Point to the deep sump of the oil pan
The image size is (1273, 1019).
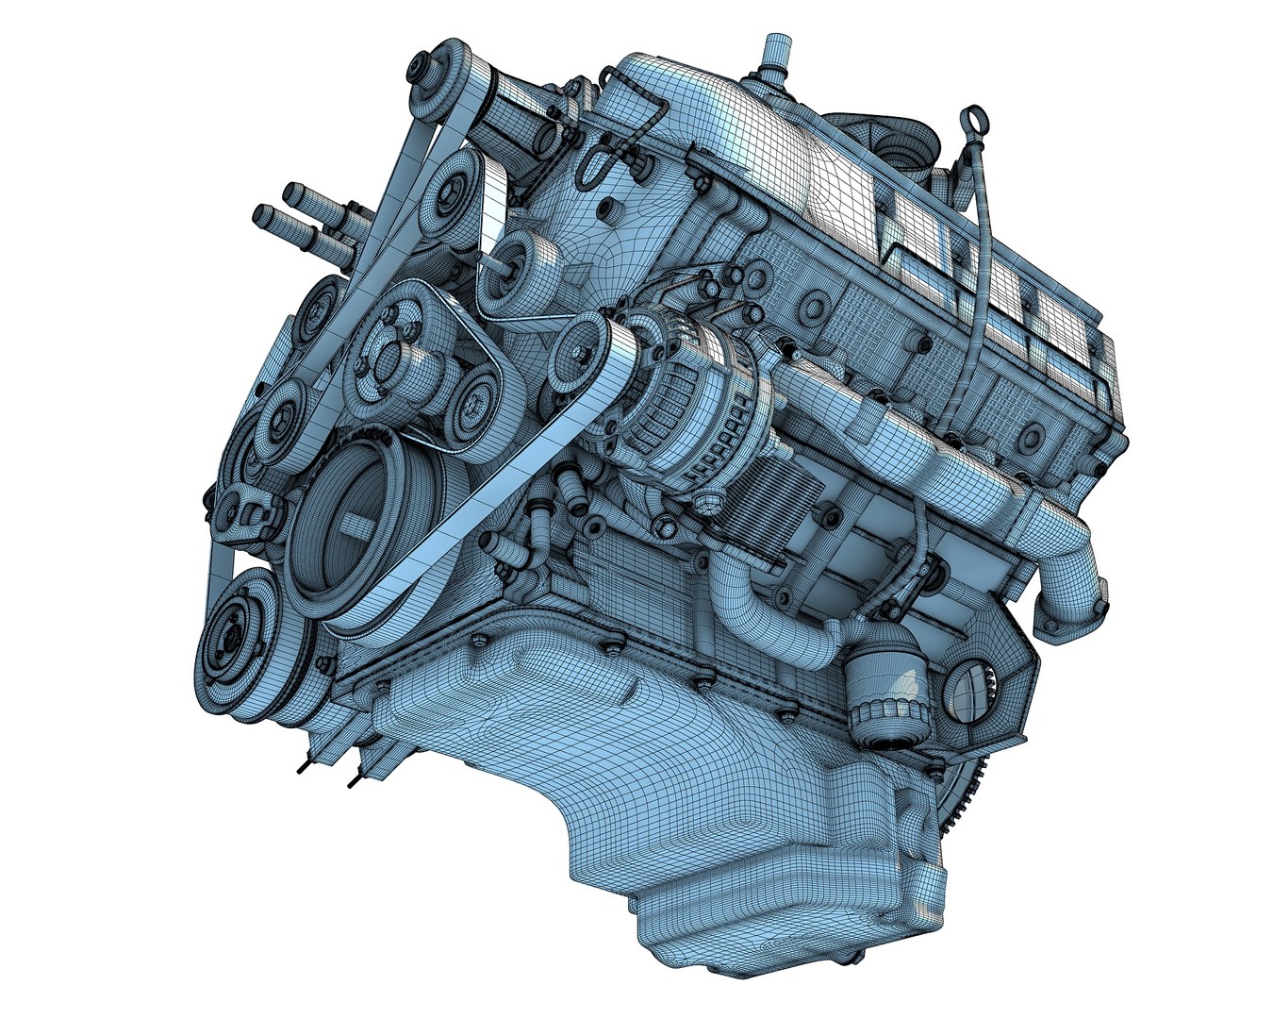pos(754,896)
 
